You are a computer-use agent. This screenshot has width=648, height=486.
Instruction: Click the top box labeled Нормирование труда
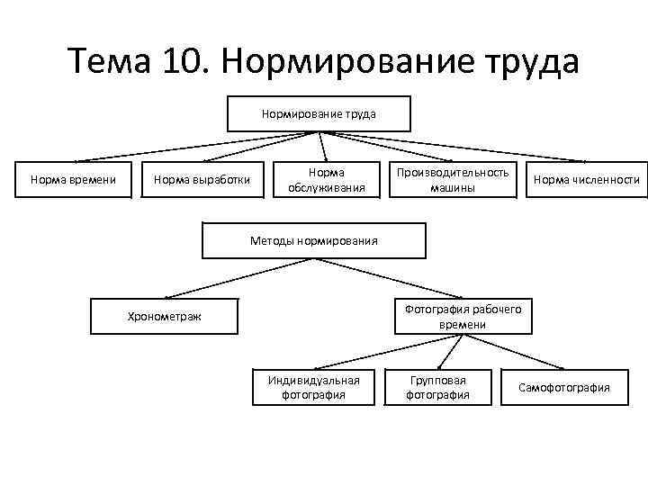coord(319,114)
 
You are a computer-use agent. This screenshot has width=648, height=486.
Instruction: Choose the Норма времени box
coord(73,180)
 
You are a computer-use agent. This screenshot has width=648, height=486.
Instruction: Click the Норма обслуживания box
coord(326,180)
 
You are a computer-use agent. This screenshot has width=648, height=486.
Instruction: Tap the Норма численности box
coord(586,180)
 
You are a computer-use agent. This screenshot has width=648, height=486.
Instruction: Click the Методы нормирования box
coord(312,240)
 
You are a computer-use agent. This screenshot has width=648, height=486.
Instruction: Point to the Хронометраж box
coord(164,316)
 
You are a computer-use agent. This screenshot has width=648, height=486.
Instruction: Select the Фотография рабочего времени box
coord(463,316)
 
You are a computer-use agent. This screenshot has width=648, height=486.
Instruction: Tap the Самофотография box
coord(563,387)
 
